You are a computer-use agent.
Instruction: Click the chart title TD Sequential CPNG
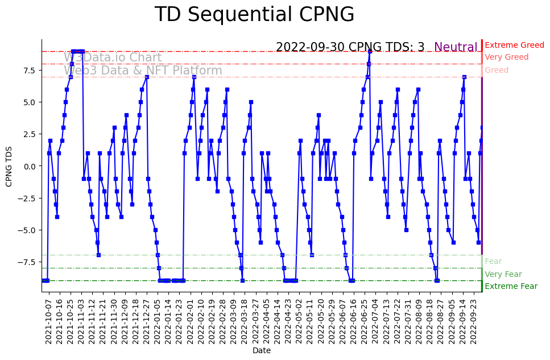coord(254,15)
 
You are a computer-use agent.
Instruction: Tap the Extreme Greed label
coord(514,45)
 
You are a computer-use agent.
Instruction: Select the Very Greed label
coord(506,57)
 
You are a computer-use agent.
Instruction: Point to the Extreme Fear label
coord(511,287)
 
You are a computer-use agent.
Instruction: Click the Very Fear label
coord(503,274)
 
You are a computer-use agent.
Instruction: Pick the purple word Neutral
coord(456,48)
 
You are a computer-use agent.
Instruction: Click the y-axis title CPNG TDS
coord(9,165)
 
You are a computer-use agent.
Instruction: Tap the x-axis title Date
coord(262,351)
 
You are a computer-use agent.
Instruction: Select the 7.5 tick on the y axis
coord(30,71)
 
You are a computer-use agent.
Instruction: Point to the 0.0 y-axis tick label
coord(30,166)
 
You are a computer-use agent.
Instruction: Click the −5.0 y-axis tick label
coord(27,230)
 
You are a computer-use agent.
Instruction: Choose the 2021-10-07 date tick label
coord(48,321)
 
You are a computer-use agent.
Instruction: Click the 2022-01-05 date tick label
coord(157,321)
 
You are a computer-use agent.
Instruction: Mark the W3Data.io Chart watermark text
coord(113,57)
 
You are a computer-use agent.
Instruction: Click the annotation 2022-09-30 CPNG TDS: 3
coord(350,48)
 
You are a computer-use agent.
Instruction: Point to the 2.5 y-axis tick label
coord(30,134)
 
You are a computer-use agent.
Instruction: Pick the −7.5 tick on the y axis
coord(27,262)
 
